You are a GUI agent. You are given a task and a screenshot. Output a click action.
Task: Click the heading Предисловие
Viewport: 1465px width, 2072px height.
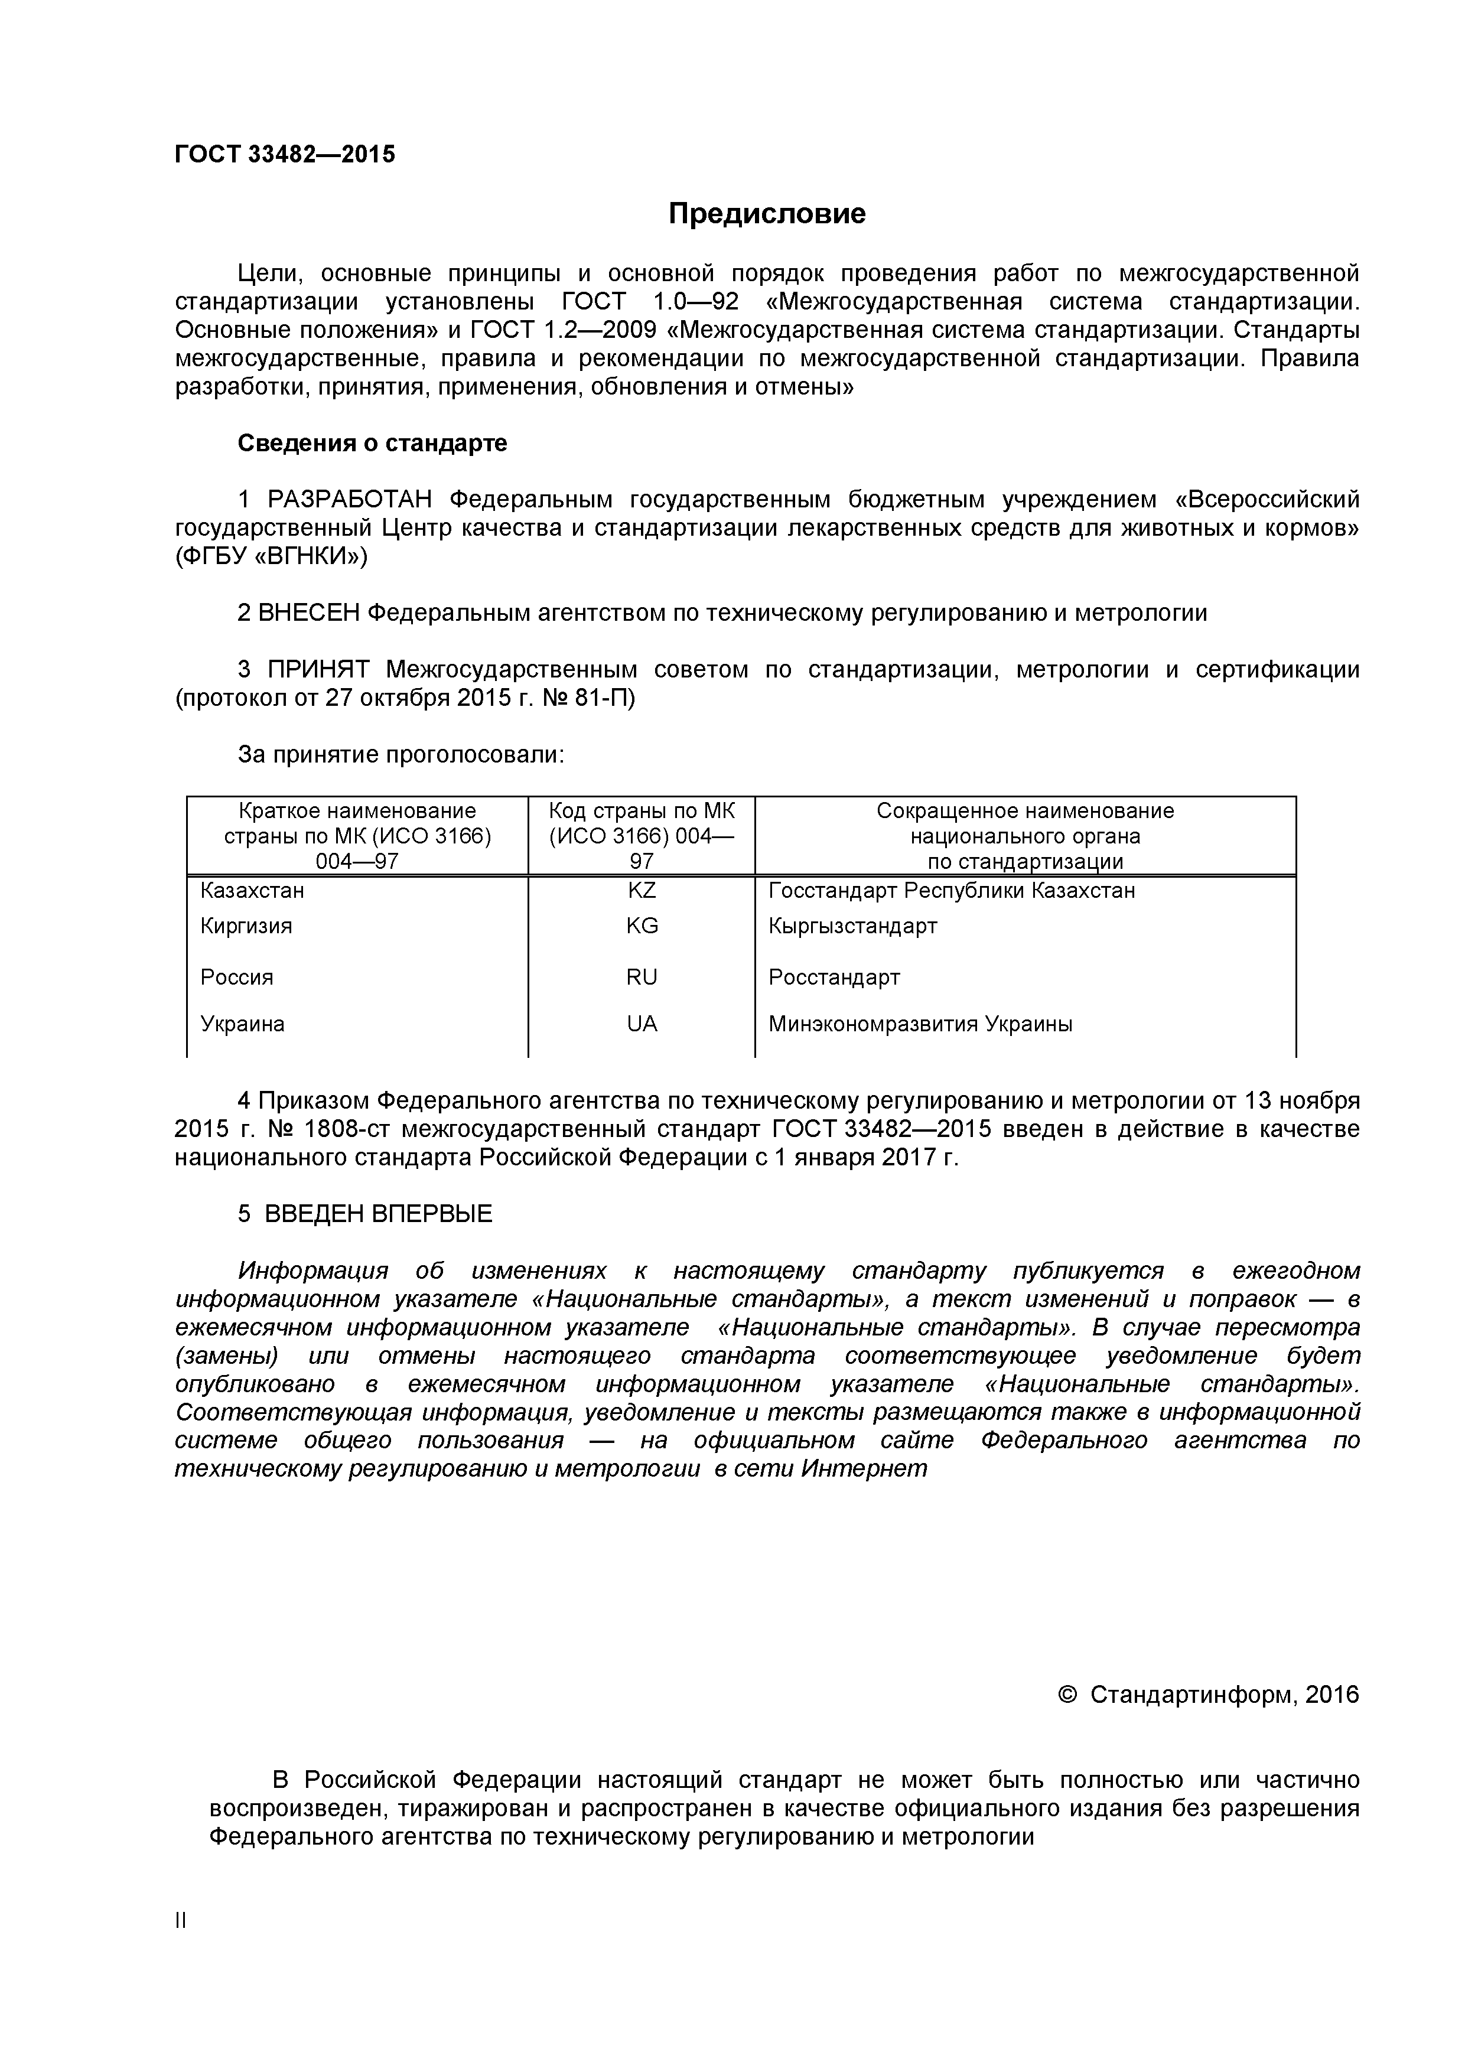point(766,214)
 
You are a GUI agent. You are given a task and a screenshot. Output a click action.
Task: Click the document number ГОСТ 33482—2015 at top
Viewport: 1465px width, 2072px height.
point(284,154)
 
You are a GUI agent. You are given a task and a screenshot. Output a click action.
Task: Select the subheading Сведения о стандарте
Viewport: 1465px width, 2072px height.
point(372,443)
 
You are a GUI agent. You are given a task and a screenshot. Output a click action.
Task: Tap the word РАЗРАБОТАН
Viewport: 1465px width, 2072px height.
point(350,499)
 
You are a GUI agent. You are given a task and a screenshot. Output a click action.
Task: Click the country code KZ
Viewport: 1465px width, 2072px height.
point(642,891)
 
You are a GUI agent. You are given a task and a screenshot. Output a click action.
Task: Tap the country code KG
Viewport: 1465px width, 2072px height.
point(642,926)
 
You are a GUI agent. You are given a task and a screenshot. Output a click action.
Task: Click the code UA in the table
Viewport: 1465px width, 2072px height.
point(642,1024)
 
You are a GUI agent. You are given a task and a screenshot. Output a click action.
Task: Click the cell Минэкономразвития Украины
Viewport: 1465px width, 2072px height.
point(920,1024)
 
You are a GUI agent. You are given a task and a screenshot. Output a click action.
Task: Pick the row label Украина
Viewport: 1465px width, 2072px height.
point(242,1024)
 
